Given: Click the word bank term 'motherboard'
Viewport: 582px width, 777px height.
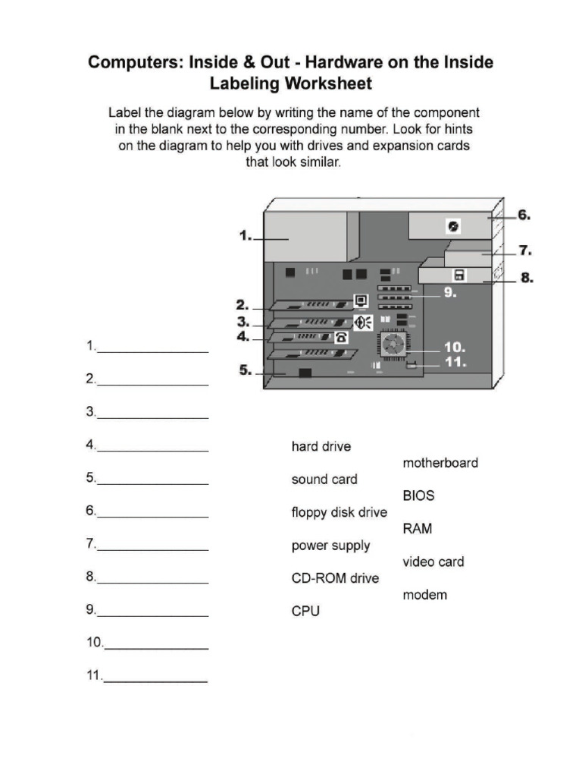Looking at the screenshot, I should (440, 463).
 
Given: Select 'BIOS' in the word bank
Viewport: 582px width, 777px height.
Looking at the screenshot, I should (418, 495).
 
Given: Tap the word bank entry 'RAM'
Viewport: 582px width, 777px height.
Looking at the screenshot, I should (418, 529).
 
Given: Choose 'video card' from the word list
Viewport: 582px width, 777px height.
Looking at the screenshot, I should (433, 562).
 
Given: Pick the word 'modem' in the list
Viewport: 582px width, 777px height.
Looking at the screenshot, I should (424, 595).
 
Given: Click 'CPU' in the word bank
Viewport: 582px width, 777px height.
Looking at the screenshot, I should (305, 611).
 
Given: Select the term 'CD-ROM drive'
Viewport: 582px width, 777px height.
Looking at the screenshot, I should (335, 578).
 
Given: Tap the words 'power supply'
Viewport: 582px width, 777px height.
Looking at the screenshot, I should (330, 546).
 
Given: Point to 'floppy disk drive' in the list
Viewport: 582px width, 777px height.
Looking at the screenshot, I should (339, 513).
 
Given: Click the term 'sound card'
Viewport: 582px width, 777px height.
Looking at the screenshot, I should (324, 480).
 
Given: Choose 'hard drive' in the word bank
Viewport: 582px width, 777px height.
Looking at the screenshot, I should (321, 447).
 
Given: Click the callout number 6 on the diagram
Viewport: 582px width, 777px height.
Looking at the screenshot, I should (524, 215).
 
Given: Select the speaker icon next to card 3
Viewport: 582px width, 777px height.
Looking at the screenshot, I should (362, 322).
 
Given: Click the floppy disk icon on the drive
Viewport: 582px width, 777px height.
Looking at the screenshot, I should (459, 275).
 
